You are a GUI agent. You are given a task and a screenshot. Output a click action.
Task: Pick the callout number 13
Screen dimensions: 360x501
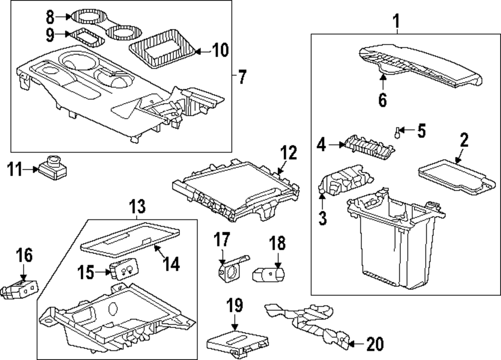136,205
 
